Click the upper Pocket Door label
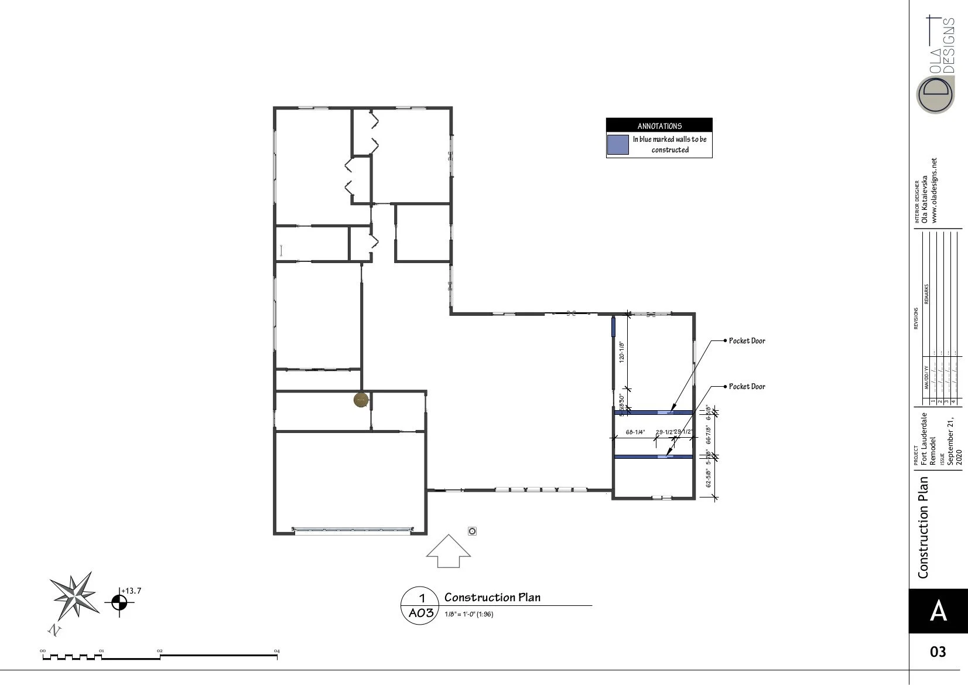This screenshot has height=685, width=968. pyautogui.click(x=747, y=341)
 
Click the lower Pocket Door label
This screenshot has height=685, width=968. pyautogui.click(x=747, y=387)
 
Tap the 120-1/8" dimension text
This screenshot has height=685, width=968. pyautogui.click(x=622, y=352)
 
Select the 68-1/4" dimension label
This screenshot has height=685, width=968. pyautogui.click(x=635, y=432)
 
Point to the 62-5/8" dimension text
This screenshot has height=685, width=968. pyautogui.click(x=709, y=478)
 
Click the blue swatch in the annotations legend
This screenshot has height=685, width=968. pyautogui.click(x=618, y=145)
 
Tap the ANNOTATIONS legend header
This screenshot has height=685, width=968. pyautogui.click(x=659, y=125)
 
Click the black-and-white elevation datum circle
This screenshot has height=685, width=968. pyautogui.click(x=119, y=602)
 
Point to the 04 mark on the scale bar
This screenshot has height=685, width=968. pyautogui.click(x=277, y=651)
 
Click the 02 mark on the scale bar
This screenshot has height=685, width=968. pyautogui.click(x=159, y=651)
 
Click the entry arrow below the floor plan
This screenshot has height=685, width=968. pyautogui.click(x=448, y=552)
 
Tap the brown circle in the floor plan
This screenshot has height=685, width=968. pyautogui.click(x=361, y=400)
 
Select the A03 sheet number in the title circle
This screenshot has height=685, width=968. pyautogui.click(x=421, y=613)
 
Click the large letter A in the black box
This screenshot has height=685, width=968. pyautogui.click(x=938, y=611)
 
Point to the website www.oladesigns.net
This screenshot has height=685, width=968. pyautogui.click(x=934, y=190)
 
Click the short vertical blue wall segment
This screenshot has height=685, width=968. pyautogui.click(x=614, y=326)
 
